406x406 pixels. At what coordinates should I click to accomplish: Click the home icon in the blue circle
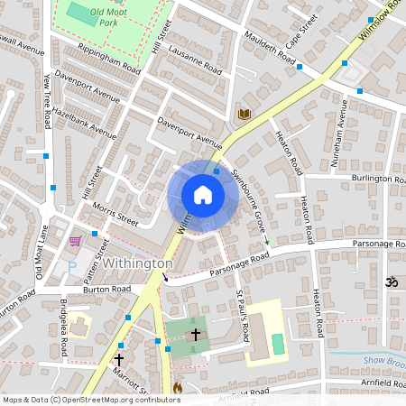pos(203,195)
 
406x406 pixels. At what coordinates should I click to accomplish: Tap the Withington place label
pos(137,263)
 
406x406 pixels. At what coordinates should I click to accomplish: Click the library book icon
pos(244,114)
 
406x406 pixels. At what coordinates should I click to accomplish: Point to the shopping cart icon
pos(75,241)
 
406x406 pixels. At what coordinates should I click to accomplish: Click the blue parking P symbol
pos(72,266)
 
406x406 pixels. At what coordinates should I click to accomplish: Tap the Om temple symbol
pos(392,281)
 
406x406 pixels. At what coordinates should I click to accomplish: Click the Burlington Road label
pos(379,179)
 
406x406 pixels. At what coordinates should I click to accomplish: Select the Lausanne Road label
pos(194,56)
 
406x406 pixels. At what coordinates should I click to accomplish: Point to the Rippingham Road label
pos(109,58)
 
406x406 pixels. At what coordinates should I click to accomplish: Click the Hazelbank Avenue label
pos(84,122)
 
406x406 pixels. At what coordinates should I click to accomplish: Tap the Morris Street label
pos(115,214)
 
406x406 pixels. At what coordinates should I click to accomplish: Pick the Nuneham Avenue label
pos(342,125)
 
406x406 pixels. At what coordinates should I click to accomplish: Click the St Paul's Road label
pos(242,316)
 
